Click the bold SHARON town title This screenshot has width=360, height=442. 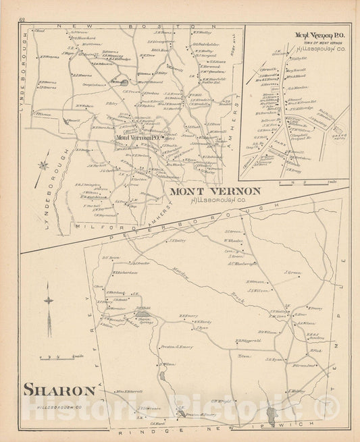click(x=59, y=389)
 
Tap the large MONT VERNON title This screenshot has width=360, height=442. click(x=215, y=191)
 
